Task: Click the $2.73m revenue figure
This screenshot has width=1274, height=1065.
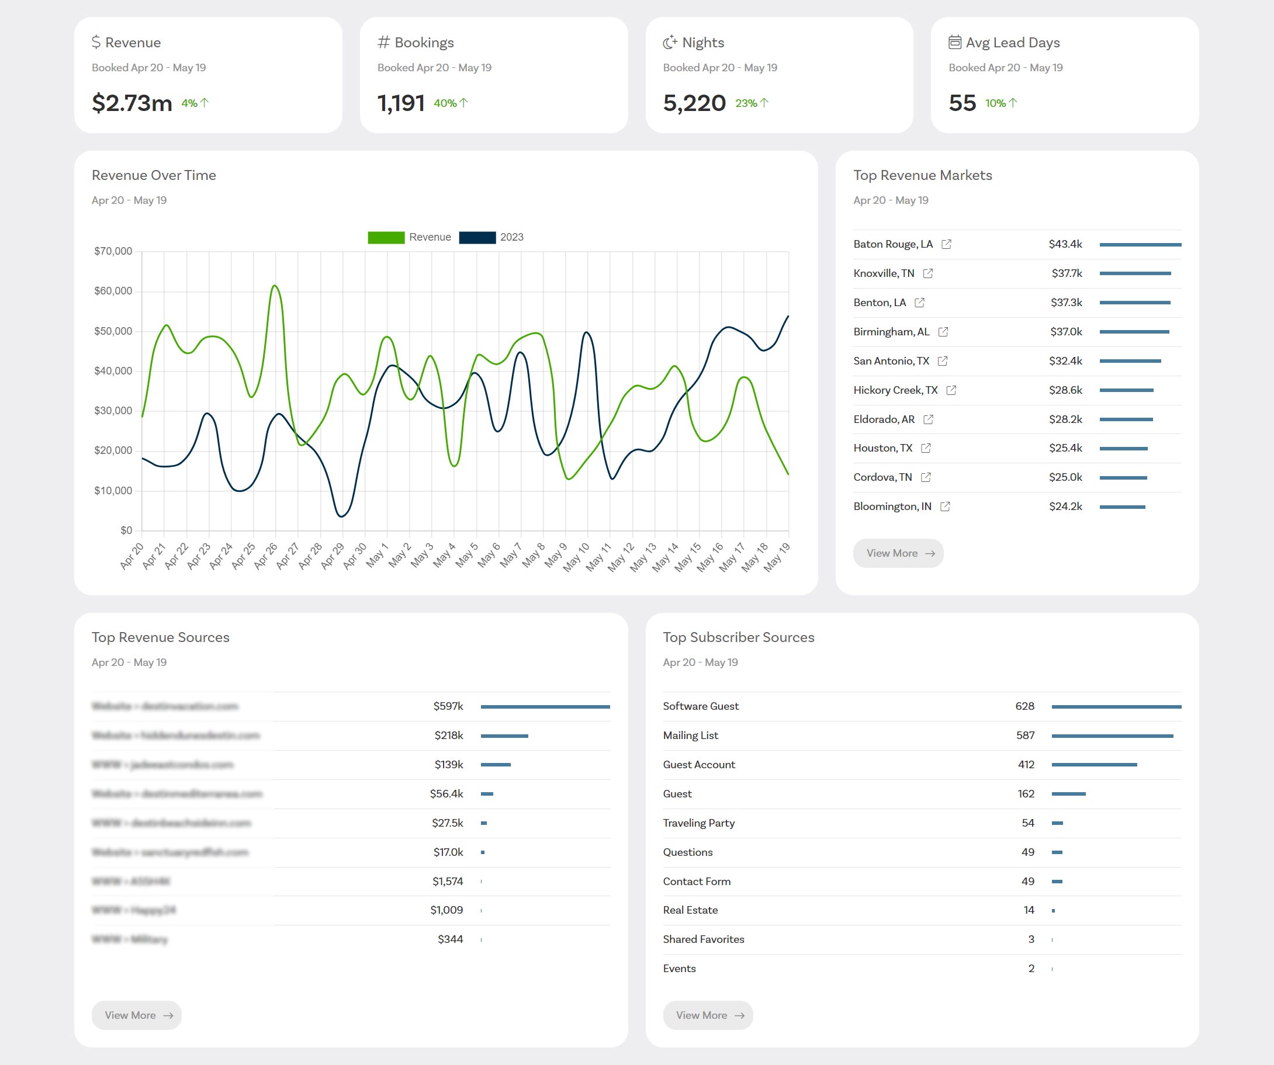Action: coord(131,103)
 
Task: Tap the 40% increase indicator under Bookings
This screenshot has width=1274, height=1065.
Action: coord(450,103)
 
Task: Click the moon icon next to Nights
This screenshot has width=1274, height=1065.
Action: coord(670,43)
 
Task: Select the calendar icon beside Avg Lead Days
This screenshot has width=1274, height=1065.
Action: coord(955,42)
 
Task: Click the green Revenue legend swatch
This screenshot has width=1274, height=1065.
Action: coord(386,237)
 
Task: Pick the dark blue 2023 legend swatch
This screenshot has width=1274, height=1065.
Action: coord(477,237)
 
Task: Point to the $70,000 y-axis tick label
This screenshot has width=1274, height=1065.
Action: coord(113,251)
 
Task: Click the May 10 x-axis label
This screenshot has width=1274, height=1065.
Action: coord(576,557)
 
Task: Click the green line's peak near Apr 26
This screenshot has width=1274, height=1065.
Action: coord(275,286)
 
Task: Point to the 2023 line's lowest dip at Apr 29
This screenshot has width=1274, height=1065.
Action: coord(341,516)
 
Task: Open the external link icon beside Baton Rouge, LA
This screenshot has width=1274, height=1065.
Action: coord(946,244)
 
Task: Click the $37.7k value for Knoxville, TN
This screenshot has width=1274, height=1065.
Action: coord(1067,273)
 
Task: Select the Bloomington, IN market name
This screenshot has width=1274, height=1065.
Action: coord(892,507)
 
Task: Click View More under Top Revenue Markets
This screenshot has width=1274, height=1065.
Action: coord(898,553)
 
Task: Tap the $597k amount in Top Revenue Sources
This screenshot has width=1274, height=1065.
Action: coord(448,706)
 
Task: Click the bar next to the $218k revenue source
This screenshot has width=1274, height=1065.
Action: coord(504,736)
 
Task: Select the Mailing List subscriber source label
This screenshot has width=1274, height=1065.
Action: coord(690,736)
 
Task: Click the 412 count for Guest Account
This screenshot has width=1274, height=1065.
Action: coord(1026,765)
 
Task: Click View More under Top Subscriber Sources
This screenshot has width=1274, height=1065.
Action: coord(707,1015)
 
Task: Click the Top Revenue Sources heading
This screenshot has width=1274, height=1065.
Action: coord(160,637)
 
